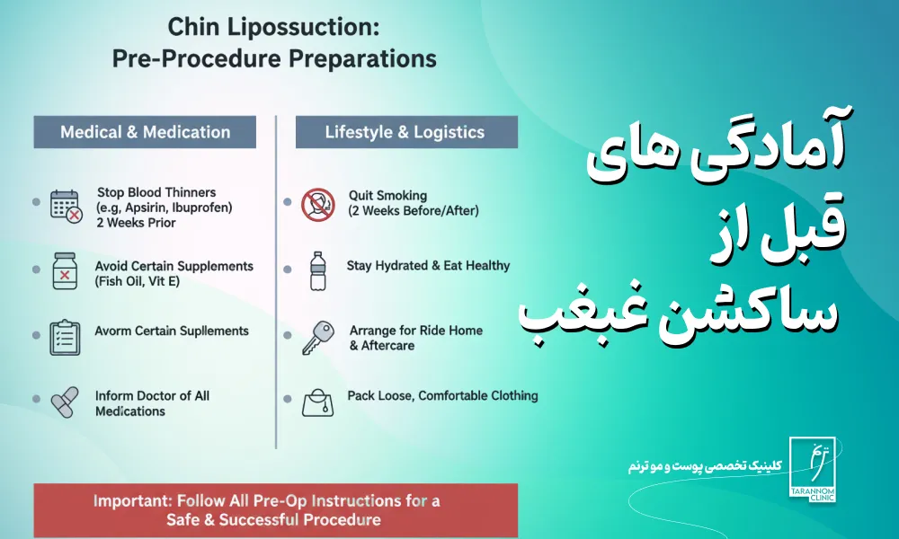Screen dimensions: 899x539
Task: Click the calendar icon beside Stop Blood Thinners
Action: tap(66, 207)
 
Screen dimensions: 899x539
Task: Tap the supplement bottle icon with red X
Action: tap(64, 271)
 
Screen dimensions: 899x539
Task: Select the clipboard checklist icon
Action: tap(65, 338)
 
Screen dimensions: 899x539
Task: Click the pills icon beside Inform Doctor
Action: tap(64, 402)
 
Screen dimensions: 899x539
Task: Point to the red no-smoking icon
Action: tap(318, 205)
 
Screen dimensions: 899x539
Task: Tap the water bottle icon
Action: tap(317, 271)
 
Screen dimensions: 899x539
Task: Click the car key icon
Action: tap(318, 338)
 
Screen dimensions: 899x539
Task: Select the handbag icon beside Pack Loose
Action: tap(317, 402)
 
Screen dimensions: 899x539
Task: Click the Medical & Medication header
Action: tap(145, 132)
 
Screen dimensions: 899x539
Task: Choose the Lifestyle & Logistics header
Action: tap(406, 132)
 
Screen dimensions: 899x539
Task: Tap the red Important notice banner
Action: tap(276, 510)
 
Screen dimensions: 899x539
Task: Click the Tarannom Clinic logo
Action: tap(813, 470)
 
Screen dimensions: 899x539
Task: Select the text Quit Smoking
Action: tap(387, 196)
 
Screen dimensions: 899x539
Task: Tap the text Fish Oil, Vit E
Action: tap(138, 281)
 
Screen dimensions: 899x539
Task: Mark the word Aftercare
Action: tap(387, 346)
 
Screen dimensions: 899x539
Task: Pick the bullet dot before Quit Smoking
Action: tap(288, 201)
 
